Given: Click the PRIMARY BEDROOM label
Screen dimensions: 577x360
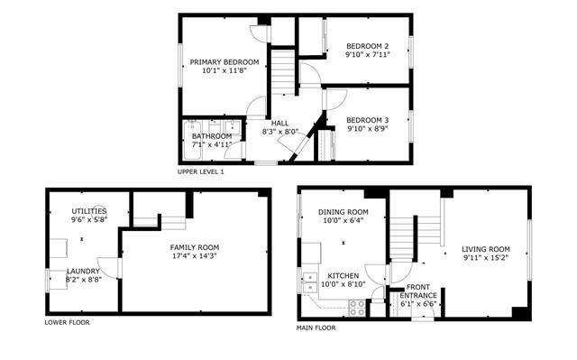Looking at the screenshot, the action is point(224,62).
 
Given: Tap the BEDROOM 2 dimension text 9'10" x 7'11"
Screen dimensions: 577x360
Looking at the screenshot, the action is point(367,55).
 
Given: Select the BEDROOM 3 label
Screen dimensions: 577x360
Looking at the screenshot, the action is point(367,120).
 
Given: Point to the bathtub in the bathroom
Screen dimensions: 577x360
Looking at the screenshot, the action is point(192,140).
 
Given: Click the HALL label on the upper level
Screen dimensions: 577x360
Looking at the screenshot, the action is point(279,124).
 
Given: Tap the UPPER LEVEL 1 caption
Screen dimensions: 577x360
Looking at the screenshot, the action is point(200,172).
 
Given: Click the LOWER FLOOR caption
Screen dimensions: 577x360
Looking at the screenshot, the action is point(67,323).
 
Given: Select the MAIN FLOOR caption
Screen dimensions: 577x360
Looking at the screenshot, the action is point(316,328).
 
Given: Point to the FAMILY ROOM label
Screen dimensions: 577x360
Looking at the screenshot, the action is point(195,248).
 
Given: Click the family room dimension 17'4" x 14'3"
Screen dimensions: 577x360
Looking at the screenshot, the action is point(195,256).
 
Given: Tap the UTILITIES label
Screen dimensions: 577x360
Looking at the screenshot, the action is point(89,212).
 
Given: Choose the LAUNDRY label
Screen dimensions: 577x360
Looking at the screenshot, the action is point(83,272).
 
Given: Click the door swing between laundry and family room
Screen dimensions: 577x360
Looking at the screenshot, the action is point(109,267).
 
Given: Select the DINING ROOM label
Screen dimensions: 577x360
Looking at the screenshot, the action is point(343,212).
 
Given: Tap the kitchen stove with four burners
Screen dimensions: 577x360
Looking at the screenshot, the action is point(357,308).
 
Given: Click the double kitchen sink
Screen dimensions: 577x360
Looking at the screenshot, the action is point(310,282).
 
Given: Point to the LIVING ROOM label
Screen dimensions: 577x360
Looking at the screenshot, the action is point(486,249).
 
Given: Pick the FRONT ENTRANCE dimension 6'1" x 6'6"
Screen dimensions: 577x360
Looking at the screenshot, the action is point(418,304).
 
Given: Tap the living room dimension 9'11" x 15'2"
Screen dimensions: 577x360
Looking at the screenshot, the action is point(486,258).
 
